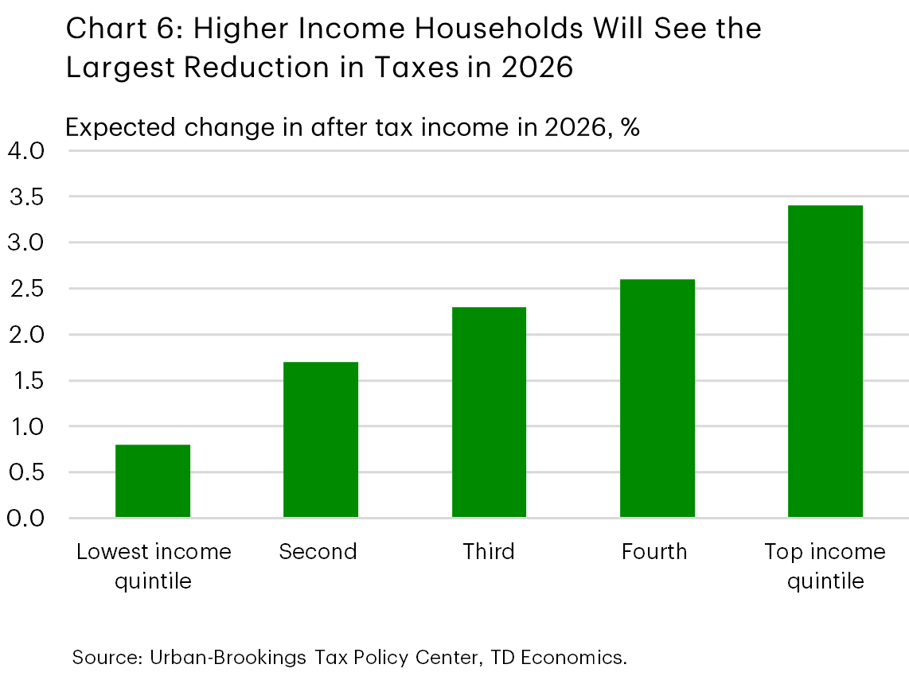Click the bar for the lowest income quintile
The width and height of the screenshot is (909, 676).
pyautogui.click(x=153, y=481)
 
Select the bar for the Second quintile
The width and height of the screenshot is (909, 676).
pyautogui.click(x=321, y=440)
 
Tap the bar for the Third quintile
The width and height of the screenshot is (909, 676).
pyautogui.click(x=489, y=412)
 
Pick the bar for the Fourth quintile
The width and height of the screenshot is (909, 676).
pyautogui.click(x=657, y=398)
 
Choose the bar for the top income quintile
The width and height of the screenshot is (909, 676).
pyautogui.click(x=825, y=362)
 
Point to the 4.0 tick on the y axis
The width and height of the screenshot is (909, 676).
pyautogui.click(x=28, y=150)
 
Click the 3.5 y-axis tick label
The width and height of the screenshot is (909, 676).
pyautogui.click(x=28, y=196)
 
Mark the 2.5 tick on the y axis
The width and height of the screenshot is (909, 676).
pyautogui.click(x=28, y=289)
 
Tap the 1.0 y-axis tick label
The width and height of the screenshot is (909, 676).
pyautogui.click(x=28, y=426)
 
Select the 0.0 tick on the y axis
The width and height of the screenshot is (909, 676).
pyautogui.click(x=28, y=519)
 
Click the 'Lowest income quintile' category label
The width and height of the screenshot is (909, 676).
pyautogui.click(x=154, y=565)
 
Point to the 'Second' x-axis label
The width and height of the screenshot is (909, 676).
pyautogui.click(x=318, y=551)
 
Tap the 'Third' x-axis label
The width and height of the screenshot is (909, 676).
pyautogui.click(x=489, y=551)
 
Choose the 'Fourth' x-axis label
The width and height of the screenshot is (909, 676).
pyautogui.click(x=654, y=551)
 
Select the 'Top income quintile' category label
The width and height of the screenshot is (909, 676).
pyautogui.click(x=825, y=565)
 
